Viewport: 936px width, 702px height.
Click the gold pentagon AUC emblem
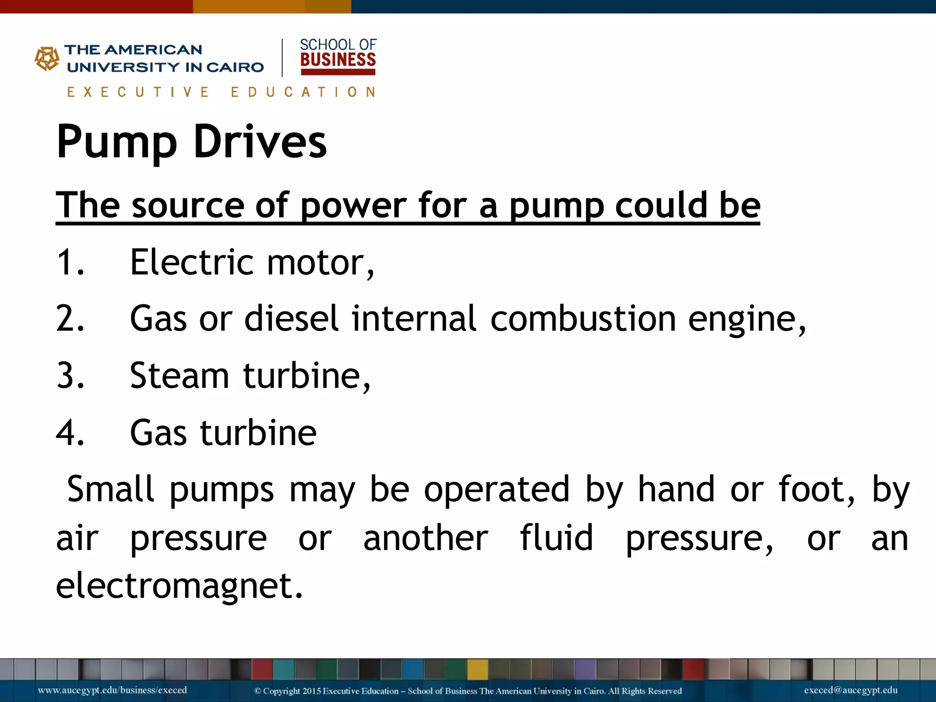tap(47, 58)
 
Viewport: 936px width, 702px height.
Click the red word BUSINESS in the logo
tap(338, 60)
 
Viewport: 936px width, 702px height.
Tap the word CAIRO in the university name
tap(235, 68)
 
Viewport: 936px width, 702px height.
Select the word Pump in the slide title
tap(117, 142)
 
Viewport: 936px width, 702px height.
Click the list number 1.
tap(70, 262)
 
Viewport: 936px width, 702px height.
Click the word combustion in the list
tap(583, 319)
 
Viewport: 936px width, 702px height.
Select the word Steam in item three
tap(179, 376)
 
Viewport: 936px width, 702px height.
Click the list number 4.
tap(70, 433)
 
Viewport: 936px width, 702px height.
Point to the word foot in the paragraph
tap(816, 489)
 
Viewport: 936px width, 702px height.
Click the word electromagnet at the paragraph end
tap(179, 585)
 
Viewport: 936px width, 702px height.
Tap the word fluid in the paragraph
tap(556, 538)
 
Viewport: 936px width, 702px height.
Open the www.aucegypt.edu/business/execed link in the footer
tap(112, 690)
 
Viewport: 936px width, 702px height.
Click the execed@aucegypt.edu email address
tap(851, 690)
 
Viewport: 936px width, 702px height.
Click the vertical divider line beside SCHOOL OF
tap(282, 58)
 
